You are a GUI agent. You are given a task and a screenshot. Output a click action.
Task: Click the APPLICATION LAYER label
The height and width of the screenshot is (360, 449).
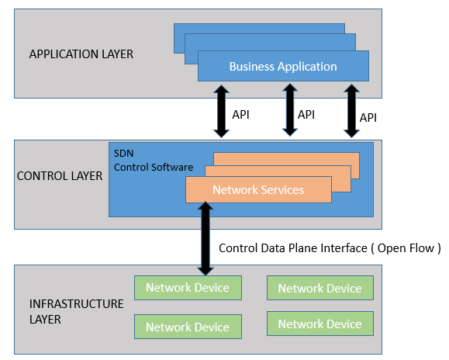pos(81,54)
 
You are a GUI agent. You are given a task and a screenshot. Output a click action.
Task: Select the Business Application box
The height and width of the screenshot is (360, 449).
pos(283,66)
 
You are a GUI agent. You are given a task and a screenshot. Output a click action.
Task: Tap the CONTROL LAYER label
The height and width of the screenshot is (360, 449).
pos(60,176)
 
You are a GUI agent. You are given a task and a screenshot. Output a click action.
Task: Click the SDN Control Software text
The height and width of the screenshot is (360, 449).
pos(154,161)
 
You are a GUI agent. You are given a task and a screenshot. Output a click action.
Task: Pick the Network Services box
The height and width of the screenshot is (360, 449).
pos(258,189)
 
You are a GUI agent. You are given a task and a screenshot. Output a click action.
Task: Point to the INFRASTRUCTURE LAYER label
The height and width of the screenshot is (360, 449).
pos(77,312)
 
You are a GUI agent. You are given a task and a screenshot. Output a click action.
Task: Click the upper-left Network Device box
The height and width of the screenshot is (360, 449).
pos(188,288)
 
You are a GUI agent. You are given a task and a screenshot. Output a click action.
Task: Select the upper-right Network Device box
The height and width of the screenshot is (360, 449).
pos(320,288)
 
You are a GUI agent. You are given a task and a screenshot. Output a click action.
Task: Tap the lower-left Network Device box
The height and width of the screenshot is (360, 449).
pos(188,327)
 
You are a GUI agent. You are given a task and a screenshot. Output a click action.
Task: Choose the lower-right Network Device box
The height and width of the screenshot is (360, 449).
pos(320,324)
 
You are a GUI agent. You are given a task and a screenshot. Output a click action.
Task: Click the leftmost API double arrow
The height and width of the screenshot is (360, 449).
pos(221,111)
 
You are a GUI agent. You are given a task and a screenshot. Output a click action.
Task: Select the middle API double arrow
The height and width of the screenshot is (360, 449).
pos(290,109)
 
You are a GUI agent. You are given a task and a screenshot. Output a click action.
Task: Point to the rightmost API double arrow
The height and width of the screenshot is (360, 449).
pos(351,111)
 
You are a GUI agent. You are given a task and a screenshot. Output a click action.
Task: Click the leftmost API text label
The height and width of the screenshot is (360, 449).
pos(241,115)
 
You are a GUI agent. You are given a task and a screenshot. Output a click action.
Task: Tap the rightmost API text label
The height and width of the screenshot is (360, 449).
pos(368,118)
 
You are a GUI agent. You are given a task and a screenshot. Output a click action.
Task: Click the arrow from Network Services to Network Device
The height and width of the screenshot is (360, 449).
pos(206,238)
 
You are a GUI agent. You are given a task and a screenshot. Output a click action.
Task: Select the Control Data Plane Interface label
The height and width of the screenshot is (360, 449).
pos(293,248)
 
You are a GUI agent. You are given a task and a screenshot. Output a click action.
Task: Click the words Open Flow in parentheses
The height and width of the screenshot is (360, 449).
pos(406,248)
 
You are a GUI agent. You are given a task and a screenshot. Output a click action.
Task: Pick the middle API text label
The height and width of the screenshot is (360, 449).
pos(306,115)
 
